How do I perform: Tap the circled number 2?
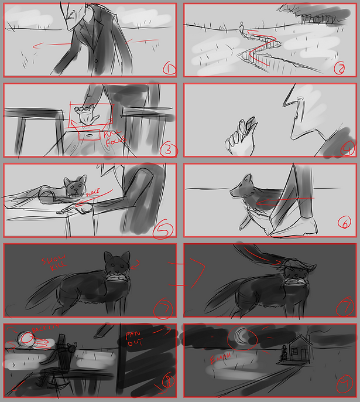click(339, 68)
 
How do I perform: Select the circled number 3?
click(167, 149)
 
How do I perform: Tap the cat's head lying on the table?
click(74, 186)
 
